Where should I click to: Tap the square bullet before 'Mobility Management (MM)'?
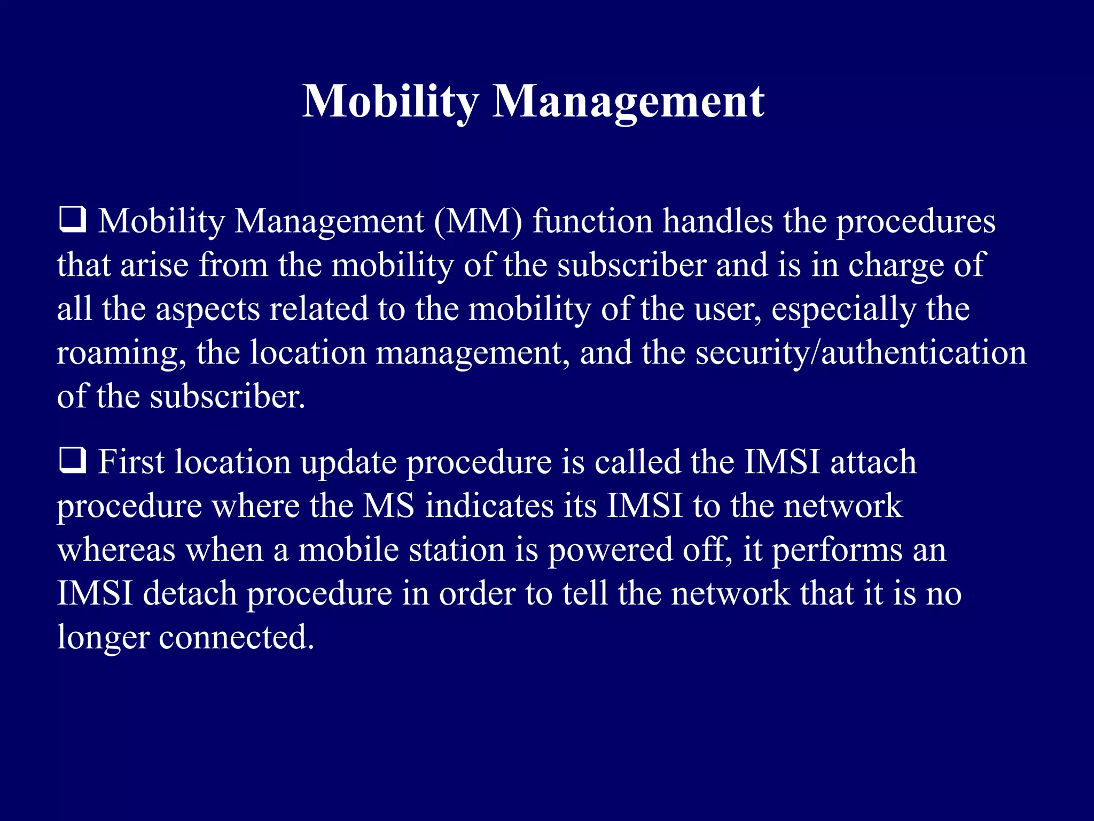[72, 220]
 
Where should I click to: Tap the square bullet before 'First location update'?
[72, 461]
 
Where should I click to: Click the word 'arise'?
[154, 265]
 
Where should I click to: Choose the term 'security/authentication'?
[861, 354]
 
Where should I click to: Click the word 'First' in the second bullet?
[131, 462]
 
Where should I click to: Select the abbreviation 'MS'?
[389, 506]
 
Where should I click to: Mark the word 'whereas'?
[116, 551]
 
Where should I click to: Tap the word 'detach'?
[190, 593]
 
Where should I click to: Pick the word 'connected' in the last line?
[236, 637]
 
